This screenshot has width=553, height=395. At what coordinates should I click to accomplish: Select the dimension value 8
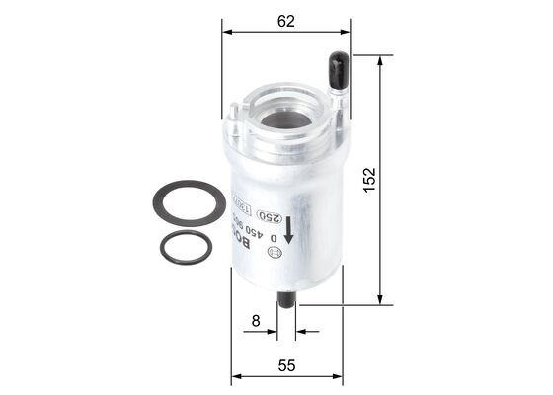point(257,320)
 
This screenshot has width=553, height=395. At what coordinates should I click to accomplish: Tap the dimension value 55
point(286,366)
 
